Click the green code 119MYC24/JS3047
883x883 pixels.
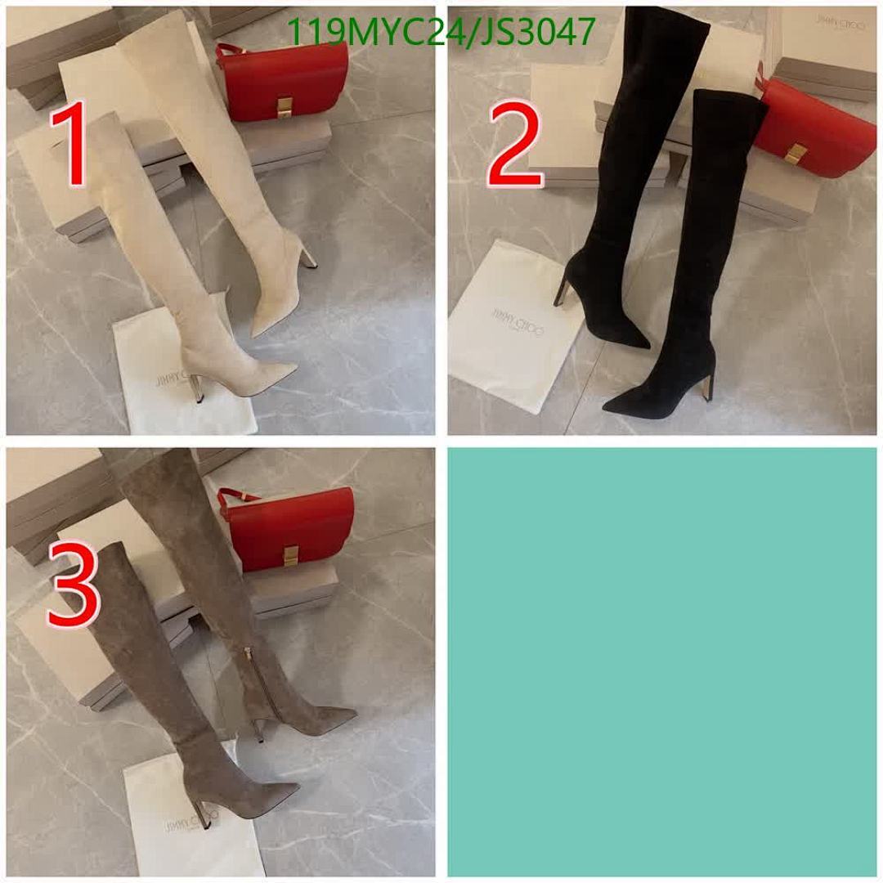(x=441, y=32)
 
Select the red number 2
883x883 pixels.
(x=515, y=149)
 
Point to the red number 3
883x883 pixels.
(x=74, y=584)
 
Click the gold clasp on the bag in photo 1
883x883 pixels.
(x=285, y=106)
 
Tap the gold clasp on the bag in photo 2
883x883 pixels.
(x=796, y=153)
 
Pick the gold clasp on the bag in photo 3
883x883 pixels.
(x=290, y=556)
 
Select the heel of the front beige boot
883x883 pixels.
(x=196, y=388)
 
